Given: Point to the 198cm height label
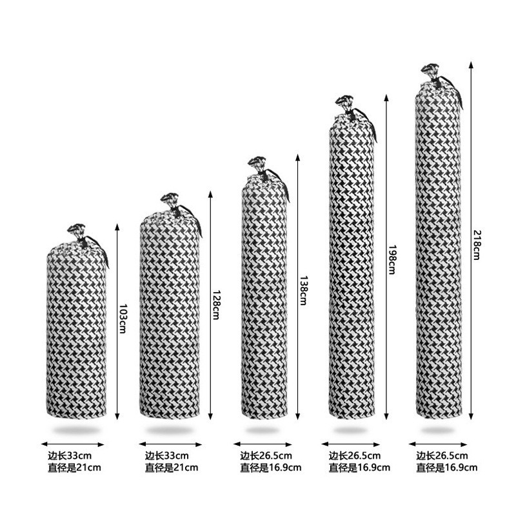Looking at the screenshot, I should click(x=391, y=259).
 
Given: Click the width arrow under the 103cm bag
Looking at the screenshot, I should click(x=72, y=444).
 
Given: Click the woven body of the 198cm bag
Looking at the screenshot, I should click(x=352, y=271).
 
